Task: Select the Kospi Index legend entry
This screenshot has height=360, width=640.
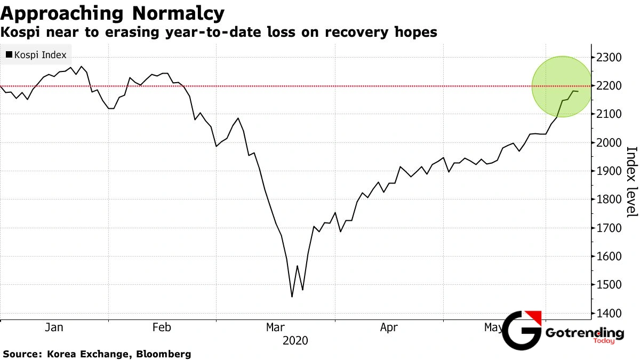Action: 36,55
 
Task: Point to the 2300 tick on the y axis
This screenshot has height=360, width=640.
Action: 610,57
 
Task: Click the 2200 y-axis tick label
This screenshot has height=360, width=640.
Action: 610,85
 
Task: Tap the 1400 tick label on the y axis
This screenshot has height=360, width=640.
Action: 610,313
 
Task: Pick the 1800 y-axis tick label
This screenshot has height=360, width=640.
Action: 610,199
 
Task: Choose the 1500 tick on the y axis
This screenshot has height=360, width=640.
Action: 610,285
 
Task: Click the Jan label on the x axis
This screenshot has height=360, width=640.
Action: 54,327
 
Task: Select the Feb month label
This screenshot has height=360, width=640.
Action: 162,327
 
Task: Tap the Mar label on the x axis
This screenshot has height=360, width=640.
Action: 275,327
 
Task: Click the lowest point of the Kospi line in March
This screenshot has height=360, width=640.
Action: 292,297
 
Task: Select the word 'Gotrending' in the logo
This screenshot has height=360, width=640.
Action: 585,333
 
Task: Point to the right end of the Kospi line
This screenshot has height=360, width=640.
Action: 578,92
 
